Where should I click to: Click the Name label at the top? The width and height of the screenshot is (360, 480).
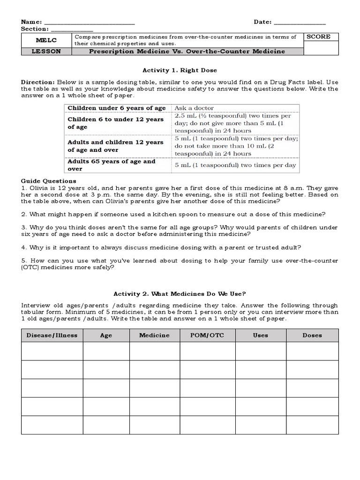point(31,22)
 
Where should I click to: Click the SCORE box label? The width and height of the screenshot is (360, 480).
point(318,37)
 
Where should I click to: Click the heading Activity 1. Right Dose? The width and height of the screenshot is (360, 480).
point(180,70)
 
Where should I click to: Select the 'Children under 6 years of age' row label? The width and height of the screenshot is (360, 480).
point(116,108)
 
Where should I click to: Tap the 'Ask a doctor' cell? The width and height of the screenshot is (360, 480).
point(194,108)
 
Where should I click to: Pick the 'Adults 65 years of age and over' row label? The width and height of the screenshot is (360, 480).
point(112,165)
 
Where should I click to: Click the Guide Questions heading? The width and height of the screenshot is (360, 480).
point(49,181)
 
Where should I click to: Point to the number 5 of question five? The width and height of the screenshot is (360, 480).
point(23,260)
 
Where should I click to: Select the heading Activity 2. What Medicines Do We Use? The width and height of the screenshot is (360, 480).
point(180,294)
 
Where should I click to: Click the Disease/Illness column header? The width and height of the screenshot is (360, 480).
point(52,335)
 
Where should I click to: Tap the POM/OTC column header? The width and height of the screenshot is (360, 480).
point(207,335)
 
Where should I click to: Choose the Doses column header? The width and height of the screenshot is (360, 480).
point(312,335)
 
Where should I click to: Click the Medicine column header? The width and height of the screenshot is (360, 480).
point(154,335)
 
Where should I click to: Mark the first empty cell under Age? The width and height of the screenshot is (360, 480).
point(106,351)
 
